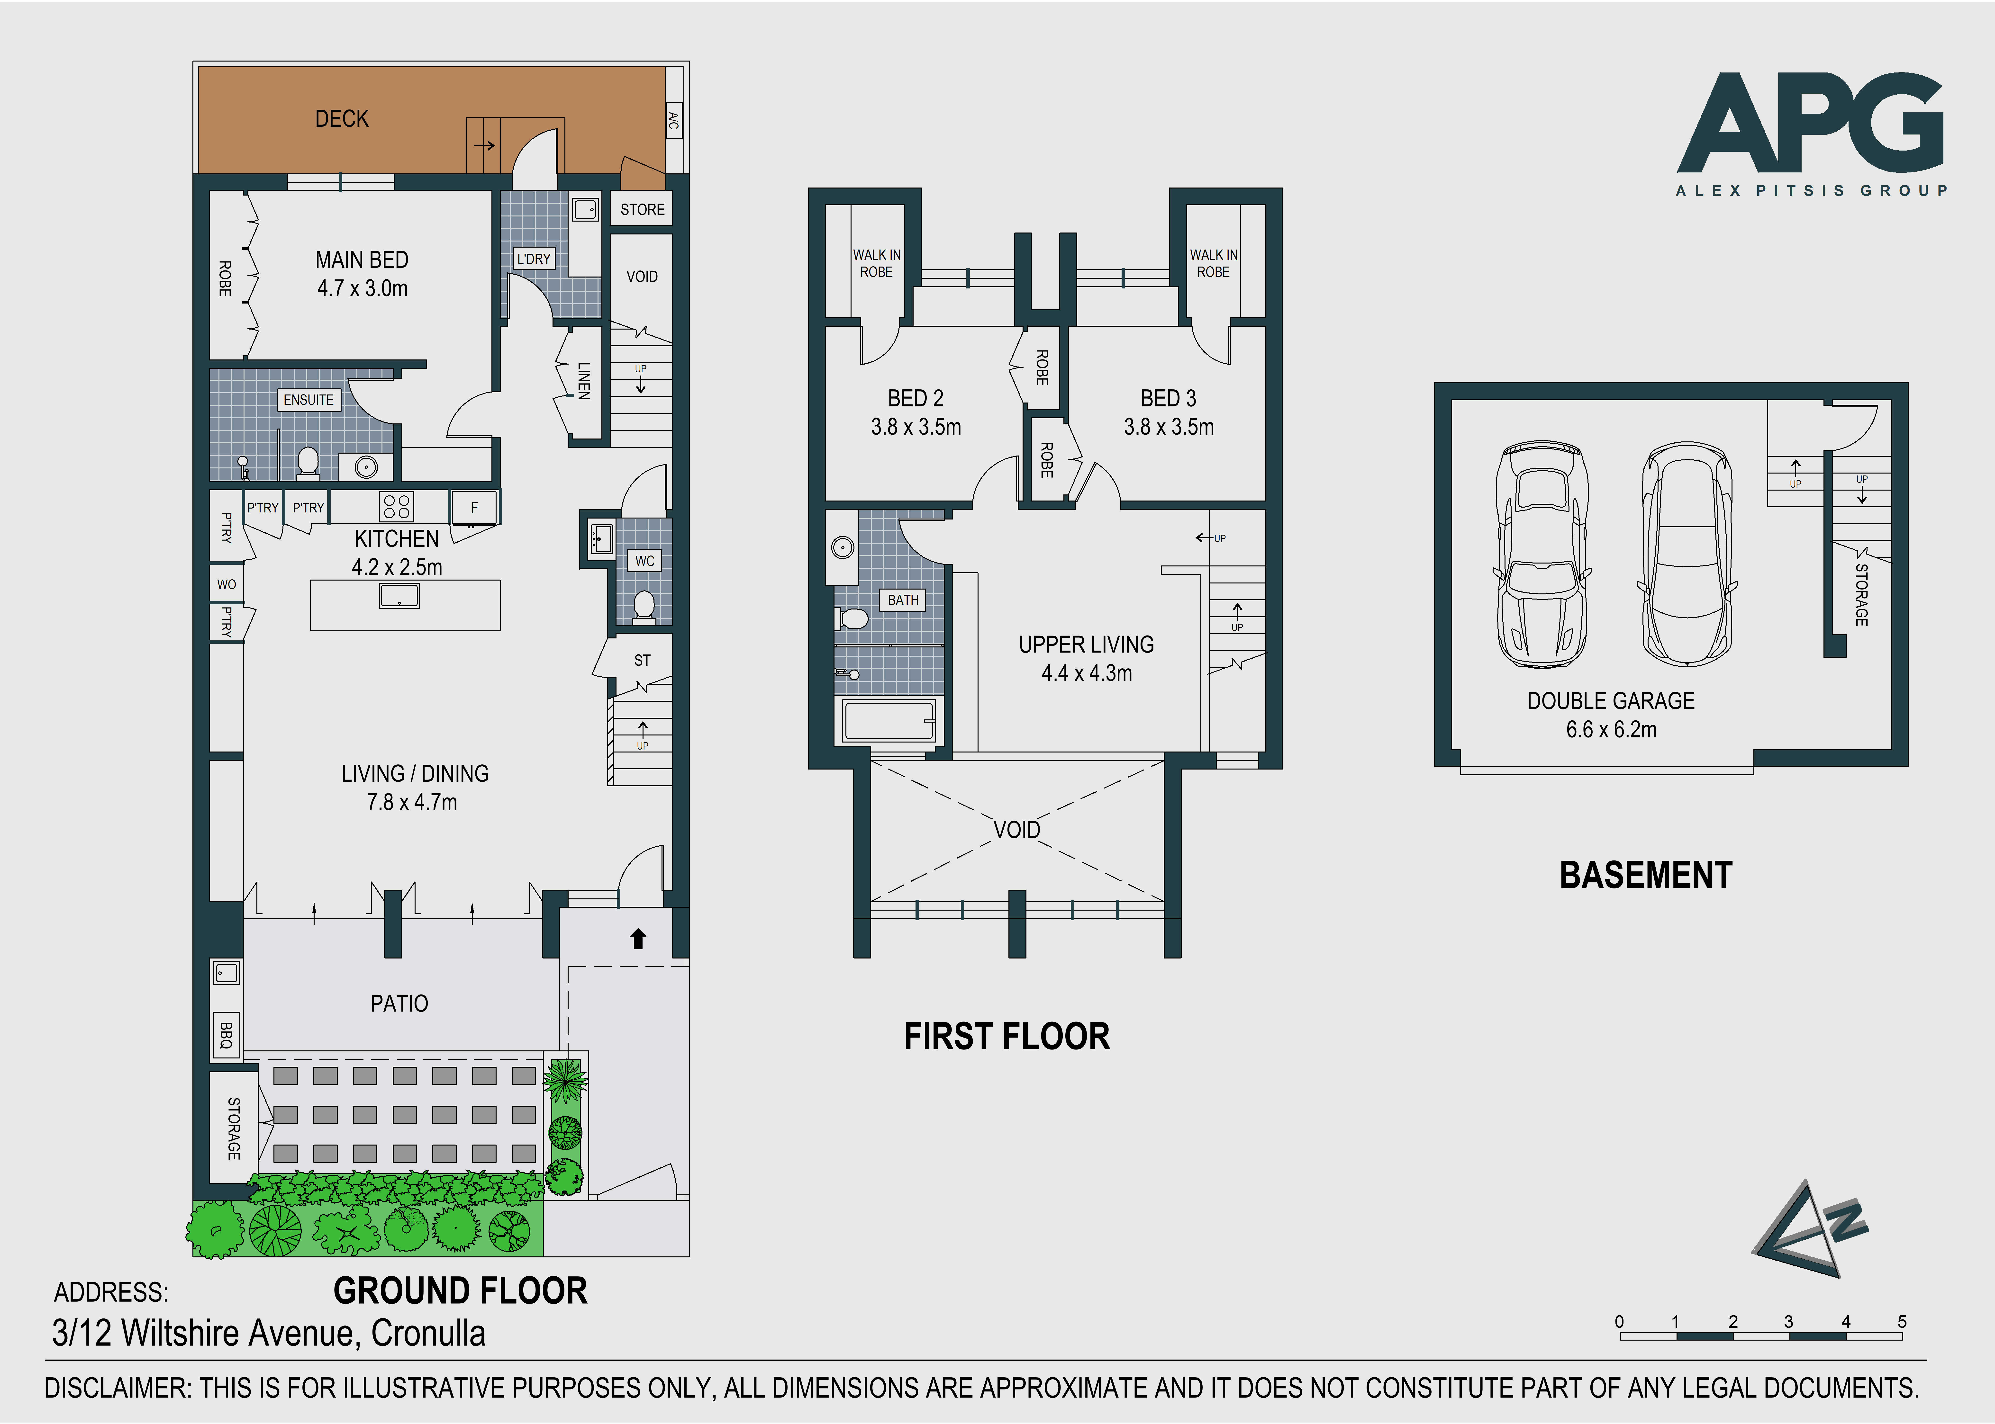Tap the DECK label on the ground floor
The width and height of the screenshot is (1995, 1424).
click(x=342, y=118)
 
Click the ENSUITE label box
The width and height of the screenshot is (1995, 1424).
click(x=309, y=400)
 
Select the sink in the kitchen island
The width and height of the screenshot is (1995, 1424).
click(x=399, y=595)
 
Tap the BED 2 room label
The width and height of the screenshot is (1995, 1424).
click(x=916, y=398)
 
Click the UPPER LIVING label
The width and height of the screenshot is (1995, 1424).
click(x=1087, y=645)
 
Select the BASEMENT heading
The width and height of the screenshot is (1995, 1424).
click(x=1646, y=875)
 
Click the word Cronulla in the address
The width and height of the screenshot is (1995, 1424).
click(x=428, y=1333)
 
